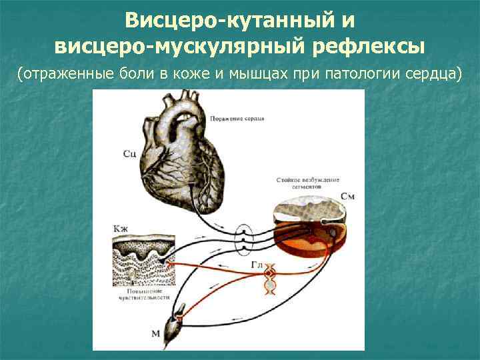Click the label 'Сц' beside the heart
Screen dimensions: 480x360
pos(130,154)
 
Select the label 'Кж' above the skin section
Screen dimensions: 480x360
pos(121,229)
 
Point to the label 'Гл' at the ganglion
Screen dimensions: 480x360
pos(258,265)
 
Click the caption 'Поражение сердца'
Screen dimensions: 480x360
pos(237,118)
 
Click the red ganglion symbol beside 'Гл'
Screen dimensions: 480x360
pos(269,273)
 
